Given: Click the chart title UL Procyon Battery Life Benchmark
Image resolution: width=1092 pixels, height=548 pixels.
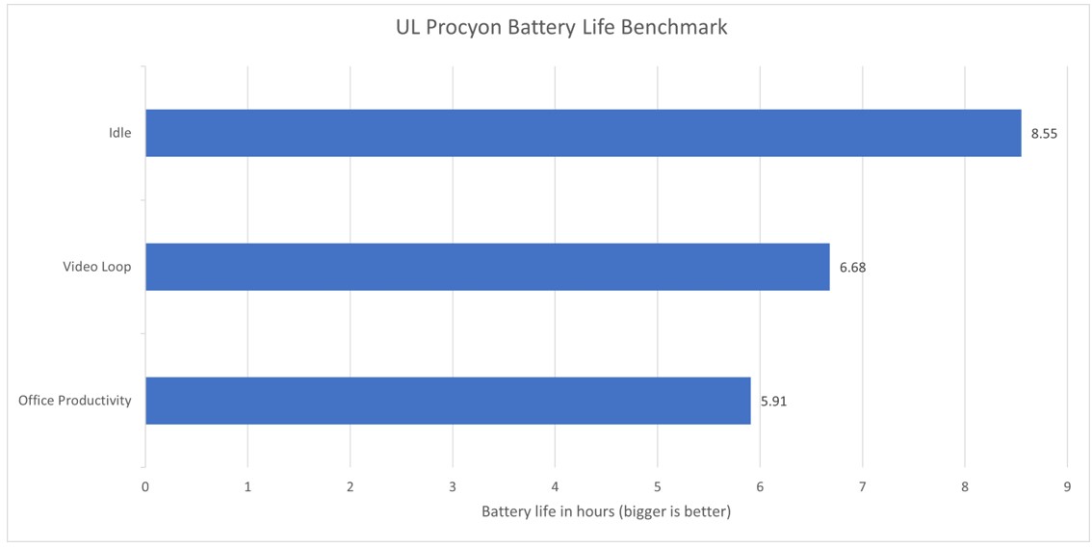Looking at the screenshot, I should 561,28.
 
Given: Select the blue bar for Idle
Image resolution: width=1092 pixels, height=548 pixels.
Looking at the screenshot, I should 583,133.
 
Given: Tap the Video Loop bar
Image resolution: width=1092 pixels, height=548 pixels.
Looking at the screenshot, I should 487,267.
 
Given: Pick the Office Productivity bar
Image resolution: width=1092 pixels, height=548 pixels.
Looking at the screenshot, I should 448,401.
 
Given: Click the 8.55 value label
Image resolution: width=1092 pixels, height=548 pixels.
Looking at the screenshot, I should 1044,134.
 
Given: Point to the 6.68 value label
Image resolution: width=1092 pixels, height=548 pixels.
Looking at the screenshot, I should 852,268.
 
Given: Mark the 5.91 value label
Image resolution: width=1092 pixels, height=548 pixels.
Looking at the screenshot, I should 774,401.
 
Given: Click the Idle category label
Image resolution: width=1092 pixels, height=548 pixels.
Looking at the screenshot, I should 119,133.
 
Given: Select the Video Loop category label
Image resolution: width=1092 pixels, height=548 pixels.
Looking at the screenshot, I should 96,267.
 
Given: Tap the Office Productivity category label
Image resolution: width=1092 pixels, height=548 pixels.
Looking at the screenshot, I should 74,401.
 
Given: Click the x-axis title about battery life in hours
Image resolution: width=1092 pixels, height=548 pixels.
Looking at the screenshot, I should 606,511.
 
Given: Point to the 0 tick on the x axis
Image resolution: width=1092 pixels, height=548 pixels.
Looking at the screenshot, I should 145,486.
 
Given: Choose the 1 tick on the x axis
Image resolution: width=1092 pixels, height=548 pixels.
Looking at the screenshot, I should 247,486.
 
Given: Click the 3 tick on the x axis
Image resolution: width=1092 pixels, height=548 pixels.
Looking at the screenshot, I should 453,486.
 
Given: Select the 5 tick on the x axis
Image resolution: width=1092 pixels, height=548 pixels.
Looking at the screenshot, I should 658,486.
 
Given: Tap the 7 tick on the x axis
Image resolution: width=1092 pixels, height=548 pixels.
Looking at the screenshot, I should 863,486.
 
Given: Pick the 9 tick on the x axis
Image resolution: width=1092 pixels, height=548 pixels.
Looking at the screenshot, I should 1067,486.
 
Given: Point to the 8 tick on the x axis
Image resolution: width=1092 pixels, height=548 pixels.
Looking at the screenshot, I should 965,486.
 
